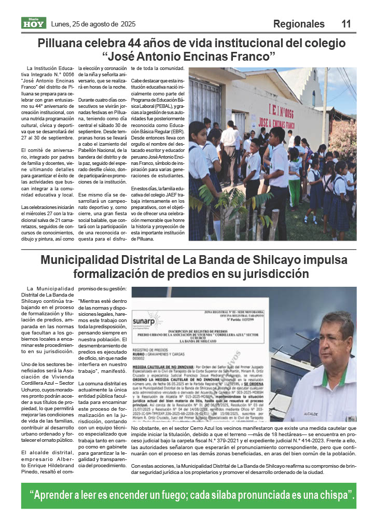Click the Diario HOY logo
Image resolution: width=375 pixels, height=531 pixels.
pyautogui.click(x=34, y=23)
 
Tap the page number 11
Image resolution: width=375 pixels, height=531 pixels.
pyautogui.click(x=346, y=24)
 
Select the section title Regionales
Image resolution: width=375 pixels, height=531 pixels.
pyautogui.click(x=299, y=24)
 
